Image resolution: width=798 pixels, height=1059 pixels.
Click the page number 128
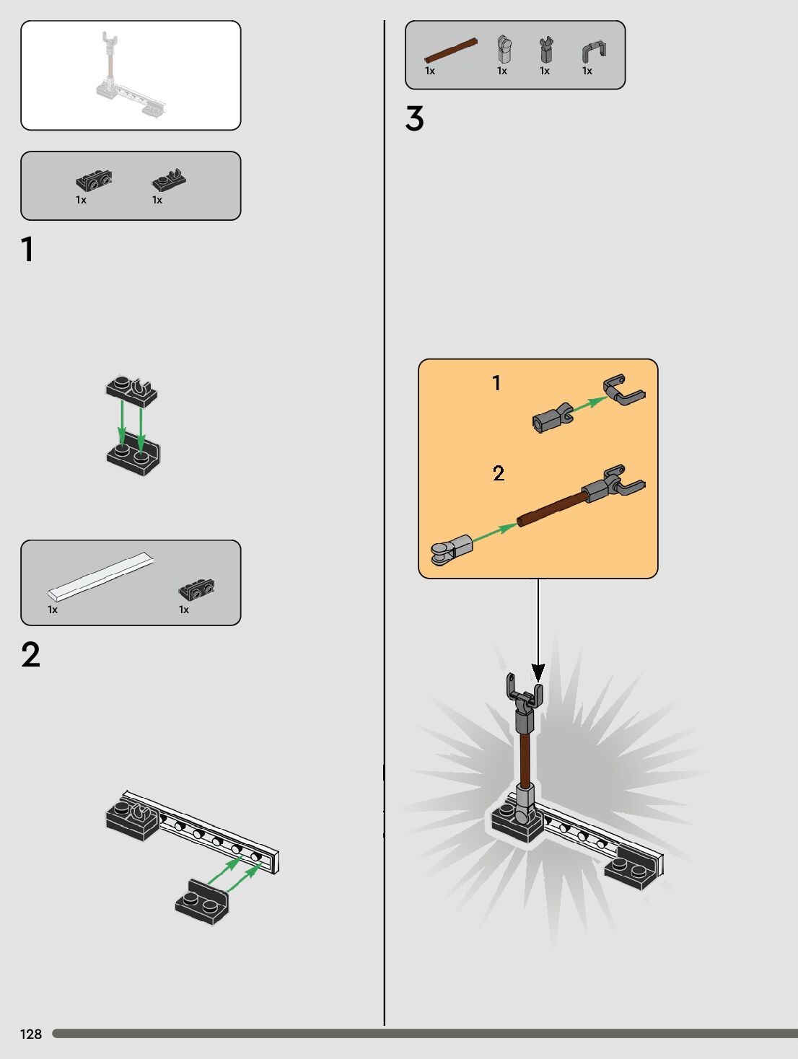pos(31,1034)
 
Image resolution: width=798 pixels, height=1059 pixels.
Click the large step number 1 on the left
pos(27,250)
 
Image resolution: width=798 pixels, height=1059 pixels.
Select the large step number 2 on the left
pos(30,655)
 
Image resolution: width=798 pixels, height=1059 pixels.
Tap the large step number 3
pos(414,119)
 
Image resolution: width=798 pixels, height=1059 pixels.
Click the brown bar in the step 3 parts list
pos(451,50)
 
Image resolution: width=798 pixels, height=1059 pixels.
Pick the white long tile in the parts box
pos(101,576)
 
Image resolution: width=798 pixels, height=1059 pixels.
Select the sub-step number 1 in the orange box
pos(496,383)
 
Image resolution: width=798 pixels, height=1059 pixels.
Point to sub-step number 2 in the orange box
pos(499,473)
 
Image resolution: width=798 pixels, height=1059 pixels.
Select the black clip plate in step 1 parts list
pos(169,180)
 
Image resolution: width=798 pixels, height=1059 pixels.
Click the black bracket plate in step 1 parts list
pos(94,180)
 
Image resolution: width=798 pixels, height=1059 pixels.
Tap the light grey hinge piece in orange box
pos(452,550)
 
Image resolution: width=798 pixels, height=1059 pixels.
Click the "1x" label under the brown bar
pos(430,71)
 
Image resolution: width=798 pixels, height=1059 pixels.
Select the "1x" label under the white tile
pos(53,610)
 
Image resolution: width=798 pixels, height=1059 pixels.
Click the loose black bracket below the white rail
pos(201,902)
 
